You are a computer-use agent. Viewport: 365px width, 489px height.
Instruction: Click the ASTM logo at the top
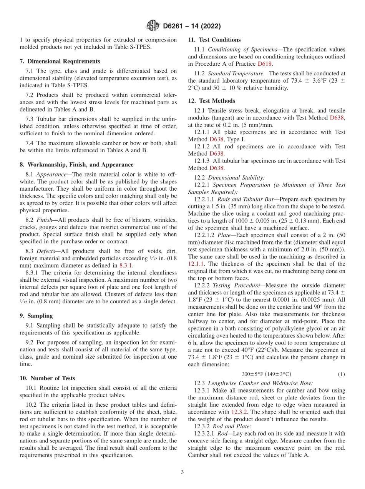click(x=153, y=26)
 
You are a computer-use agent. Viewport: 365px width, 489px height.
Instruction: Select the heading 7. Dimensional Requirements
click(x=60, y=62)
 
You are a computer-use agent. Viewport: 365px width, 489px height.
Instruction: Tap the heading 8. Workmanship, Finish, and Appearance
click(x=76, y=165)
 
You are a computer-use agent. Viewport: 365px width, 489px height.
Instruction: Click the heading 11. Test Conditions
click(x=214, y=40)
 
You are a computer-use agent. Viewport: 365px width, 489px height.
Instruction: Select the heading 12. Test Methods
click(x=211, y=101)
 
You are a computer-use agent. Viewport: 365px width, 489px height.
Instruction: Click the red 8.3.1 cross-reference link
click(x=125, y=265)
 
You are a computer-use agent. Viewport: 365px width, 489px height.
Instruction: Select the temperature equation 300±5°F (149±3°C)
click(x=266, y=374)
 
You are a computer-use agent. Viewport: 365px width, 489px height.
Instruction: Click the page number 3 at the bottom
click(x=182, y=472)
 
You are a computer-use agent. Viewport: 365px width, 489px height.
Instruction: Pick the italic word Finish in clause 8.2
click(x=45, y=220)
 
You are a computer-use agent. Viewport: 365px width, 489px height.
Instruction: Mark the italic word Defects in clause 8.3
click(x=46, y=251)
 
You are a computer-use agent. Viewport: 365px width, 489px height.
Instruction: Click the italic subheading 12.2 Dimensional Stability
click(x=229, y=177)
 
